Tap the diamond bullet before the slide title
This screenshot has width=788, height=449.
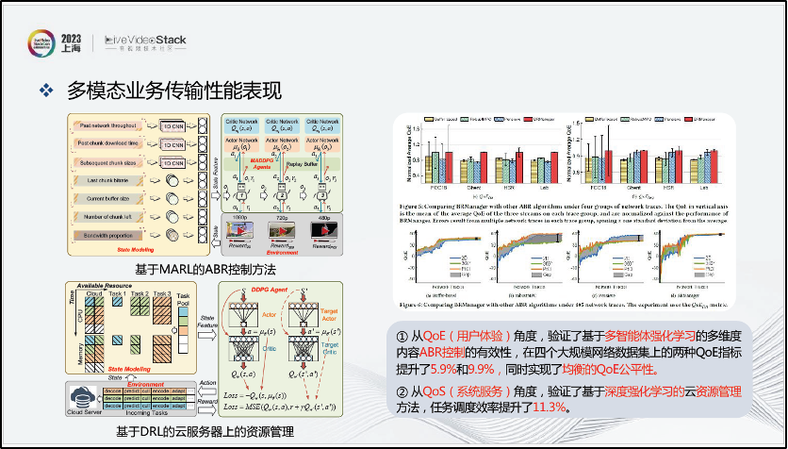coord(43,91)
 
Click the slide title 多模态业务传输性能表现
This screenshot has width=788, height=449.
coord(174,91)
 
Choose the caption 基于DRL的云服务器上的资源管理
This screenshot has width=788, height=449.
coord(204,432)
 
